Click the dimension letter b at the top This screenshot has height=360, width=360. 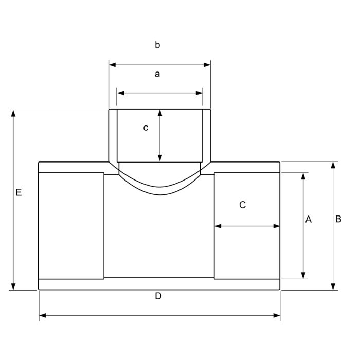[x=157, y=45]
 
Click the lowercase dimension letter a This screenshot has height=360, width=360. [x=157, y=74]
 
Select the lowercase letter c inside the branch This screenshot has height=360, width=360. [x=146, y=128]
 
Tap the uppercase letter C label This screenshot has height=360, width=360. [x=242, y=205]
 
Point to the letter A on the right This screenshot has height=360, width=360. [x=309, y=219]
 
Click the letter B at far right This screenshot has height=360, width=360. [x=338, y=219]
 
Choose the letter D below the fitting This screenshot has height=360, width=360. [x=158, y=296]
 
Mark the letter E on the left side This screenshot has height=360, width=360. [x=19, y=192]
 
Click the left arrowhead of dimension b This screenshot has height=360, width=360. [x=113, y=65]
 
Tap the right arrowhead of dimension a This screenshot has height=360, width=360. [x=199, y=93]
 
